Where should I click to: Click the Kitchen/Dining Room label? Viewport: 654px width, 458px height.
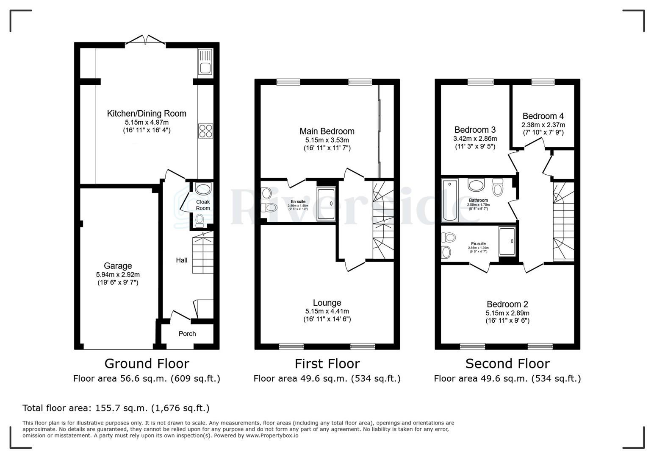coord(147,113)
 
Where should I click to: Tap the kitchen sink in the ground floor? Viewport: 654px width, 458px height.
coord(205,62)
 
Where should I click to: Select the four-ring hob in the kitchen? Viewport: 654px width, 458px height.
coord(205,131)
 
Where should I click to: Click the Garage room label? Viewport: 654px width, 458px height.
coord(118,266)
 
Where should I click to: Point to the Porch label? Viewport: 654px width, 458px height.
coord(187,334)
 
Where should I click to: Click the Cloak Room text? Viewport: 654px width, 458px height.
coord(203,205)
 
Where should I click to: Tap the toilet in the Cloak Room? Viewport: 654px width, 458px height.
coord(200,219)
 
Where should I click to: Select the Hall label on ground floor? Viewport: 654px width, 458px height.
coord(182,260)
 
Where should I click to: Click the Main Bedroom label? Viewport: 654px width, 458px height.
coord(327,131)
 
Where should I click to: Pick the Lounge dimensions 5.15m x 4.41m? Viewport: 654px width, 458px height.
coord(327,311)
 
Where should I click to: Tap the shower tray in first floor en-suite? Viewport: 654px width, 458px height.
coord(326,204)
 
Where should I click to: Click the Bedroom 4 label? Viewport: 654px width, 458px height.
coord(543,116)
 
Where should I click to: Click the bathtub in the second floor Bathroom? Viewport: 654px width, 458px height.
coord(449,201)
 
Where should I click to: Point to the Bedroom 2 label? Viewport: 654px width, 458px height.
coord(507,304)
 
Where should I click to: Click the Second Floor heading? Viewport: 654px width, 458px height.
coord(507,363)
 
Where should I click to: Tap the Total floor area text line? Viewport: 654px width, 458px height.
coord(116,408)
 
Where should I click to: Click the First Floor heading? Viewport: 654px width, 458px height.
coord(327,363)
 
